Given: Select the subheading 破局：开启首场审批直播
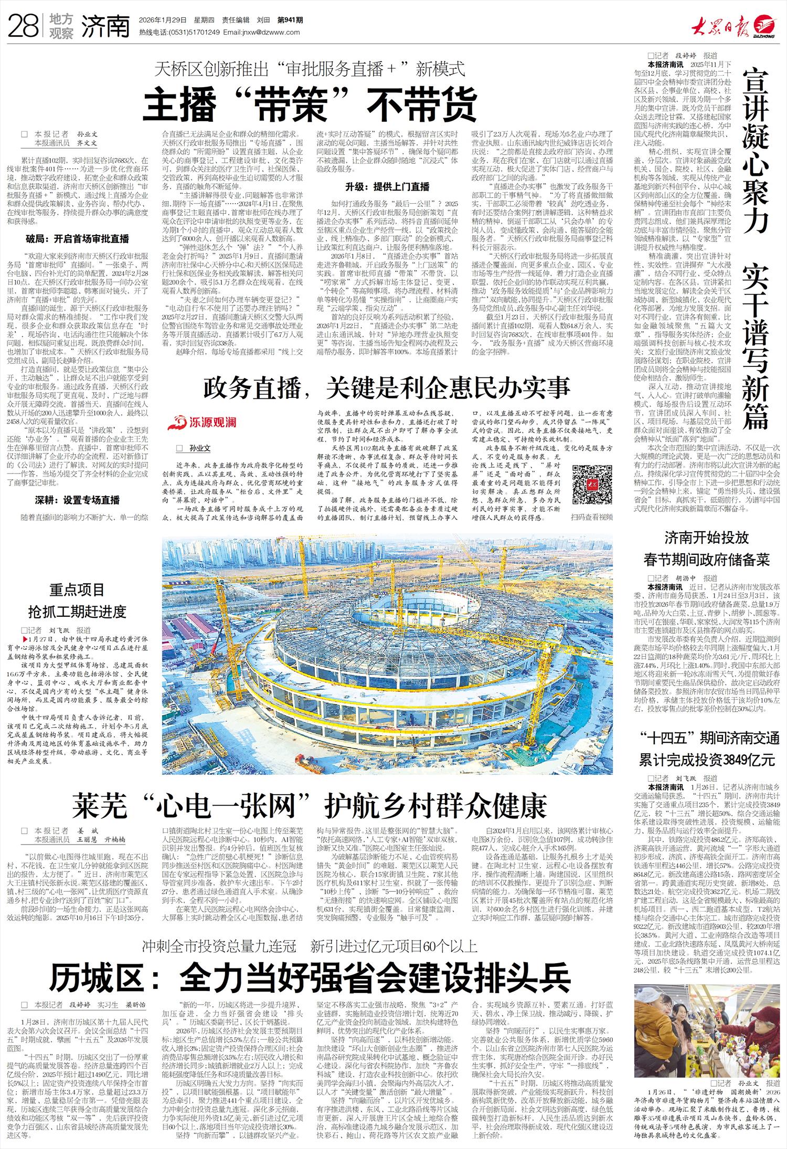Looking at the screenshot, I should [x=77, y=239].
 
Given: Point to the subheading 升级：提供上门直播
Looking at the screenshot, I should [x=387, y=187].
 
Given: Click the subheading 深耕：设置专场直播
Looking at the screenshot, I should [x=77, y=500].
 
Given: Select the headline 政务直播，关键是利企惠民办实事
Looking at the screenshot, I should [x=387, y=388].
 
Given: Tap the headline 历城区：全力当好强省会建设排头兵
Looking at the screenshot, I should [x=310, y=977].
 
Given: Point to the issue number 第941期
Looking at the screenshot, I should [x=290, y=20].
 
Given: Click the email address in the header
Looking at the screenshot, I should [x=261, y=32].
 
